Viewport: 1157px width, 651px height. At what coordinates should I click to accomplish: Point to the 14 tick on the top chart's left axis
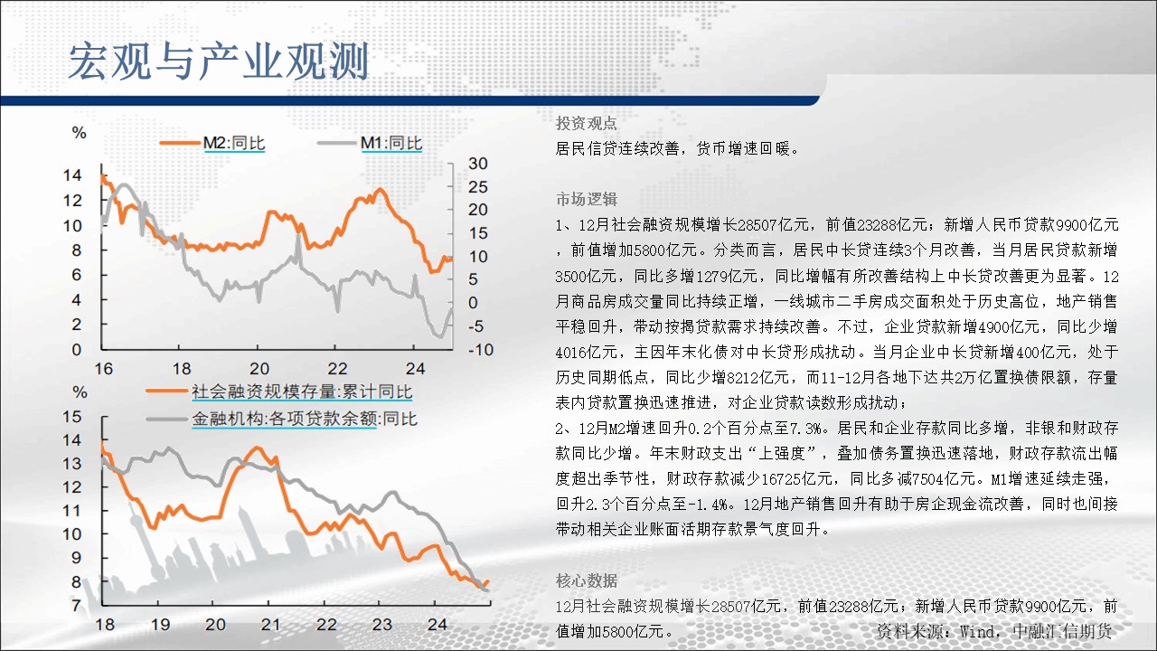click(x=72, y=175)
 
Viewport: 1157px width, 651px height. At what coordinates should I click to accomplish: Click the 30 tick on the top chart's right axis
click(x=478, y=164)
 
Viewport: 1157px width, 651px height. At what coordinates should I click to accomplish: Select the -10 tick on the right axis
click(x=480, y=350)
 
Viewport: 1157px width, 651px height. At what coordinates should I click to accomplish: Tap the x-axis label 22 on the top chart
click(x=337, y=368)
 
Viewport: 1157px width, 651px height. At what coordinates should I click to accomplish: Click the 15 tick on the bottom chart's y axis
click(x=72, y=417)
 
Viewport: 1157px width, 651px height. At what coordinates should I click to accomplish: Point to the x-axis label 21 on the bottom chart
click(x=270, y=625)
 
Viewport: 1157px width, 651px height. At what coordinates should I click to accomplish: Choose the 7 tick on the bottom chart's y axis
click(x=77, y=605)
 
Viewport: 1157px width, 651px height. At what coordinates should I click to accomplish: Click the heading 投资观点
click(x=587, y=123)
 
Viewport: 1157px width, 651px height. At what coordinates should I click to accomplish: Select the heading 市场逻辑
click(x=587, y=199)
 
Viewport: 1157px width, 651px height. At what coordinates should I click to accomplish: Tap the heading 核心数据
click(x=587, y=580)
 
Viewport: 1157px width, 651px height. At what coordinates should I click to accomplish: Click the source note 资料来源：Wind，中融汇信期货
click(x=994, y=631)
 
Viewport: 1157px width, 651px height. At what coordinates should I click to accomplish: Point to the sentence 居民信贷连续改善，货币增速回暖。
click(x=678, y=149)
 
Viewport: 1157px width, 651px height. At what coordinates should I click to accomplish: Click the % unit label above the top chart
click(x=79, y=133)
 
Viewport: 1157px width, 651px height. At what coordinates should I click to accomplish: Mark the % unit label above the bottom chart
click(x=80, y=392)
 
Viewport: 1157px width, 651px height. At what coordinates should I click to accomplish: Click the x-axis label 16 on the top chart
click(x=104, y=368)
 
